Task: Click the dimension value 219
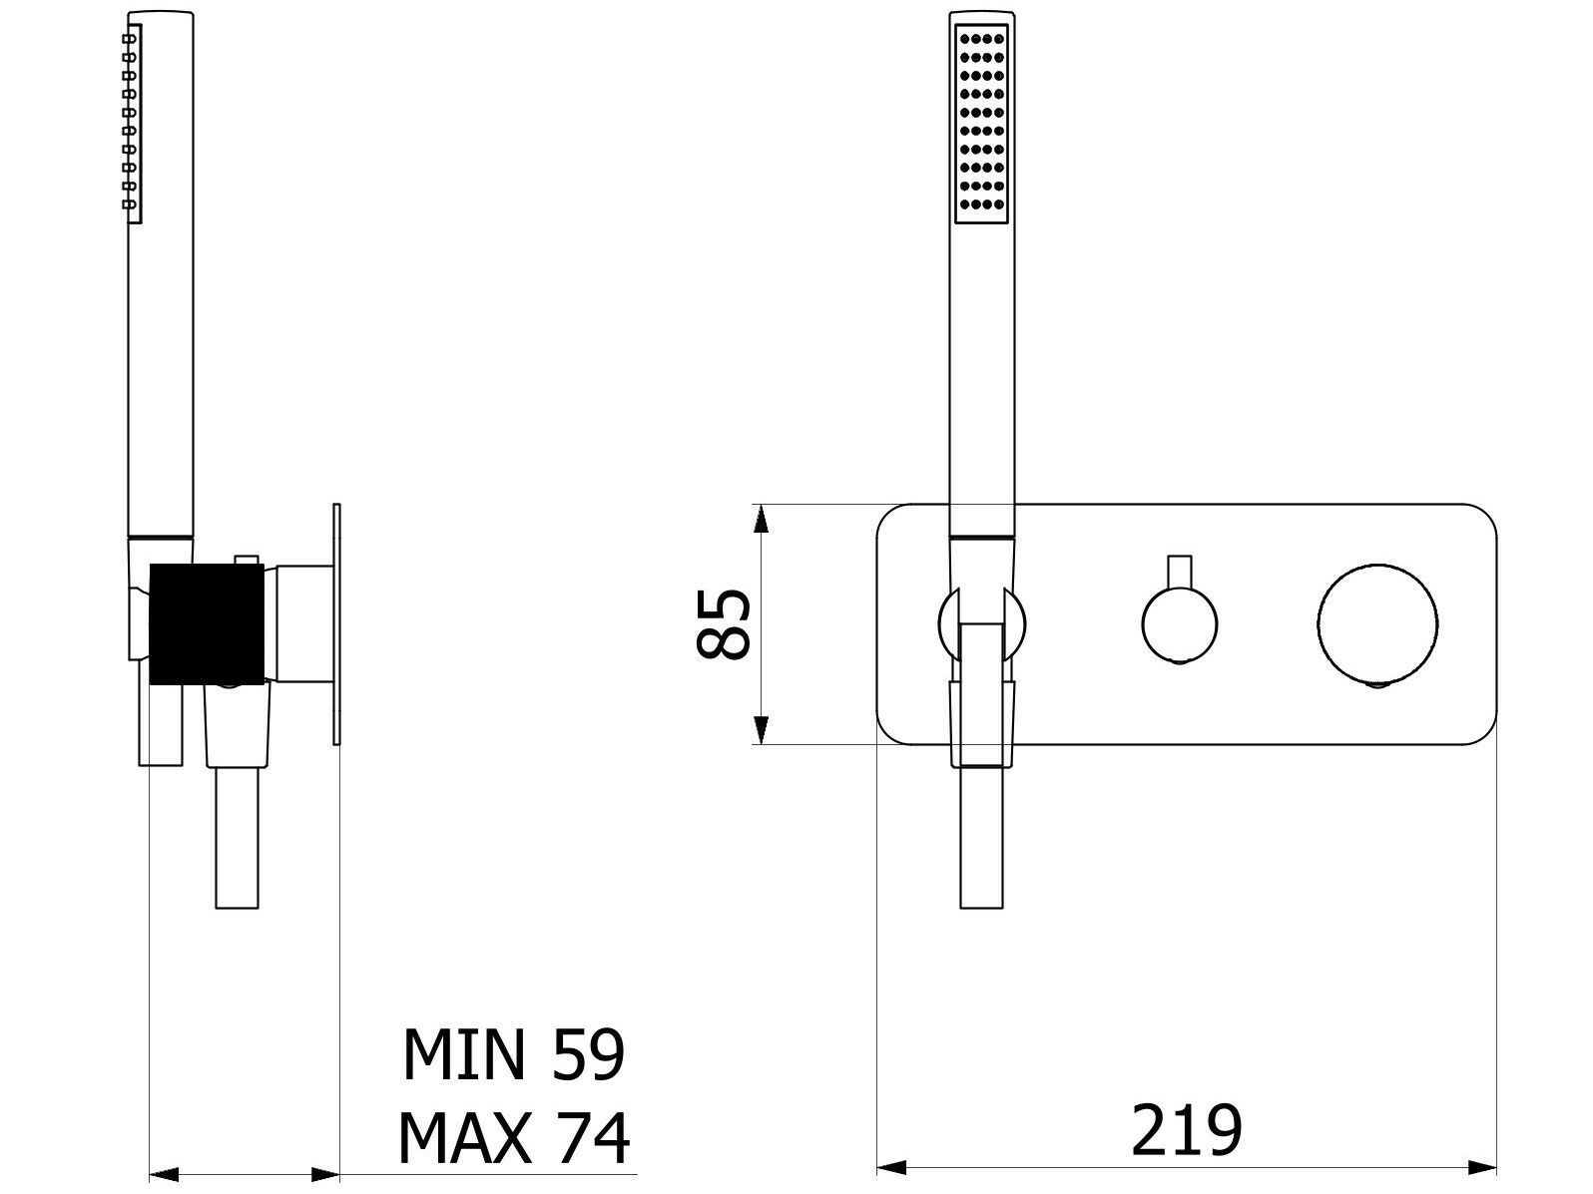click(1186, 1131)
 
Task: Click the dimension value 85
click(723, 623)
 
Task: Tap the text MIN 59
click(513, 1054)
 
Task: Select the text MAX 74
click(514, 1138)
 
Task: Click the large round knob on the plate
click(1376, 624)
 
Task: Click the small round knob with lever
click(1180, 624)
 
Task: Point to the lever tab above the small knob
click(1180, 571)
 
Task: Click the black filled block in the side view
click(206, 623)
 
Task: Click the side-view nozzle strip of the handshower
click(132, 121)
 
